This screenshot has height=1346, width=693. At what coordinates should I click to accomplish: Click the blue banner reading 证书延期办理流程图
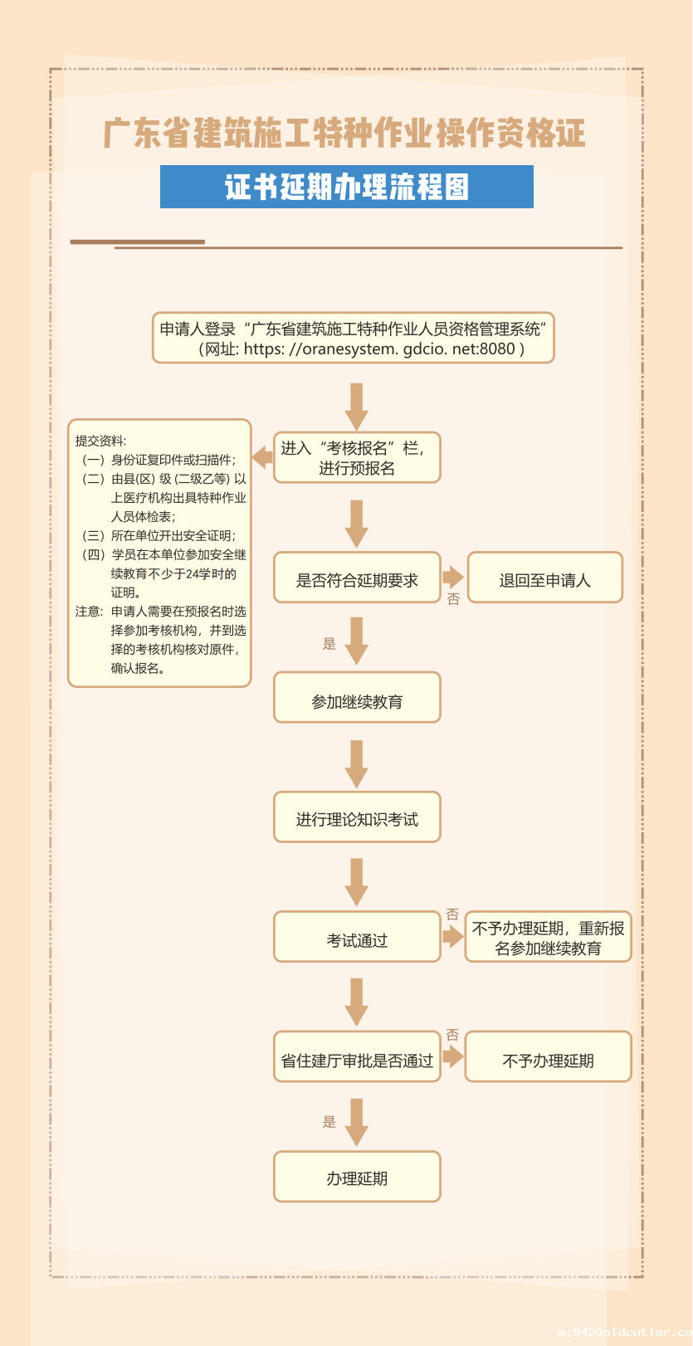(346, 187)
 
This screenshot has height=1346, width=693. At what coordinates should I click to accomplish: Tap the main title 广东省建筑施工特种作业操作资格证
(344, 134)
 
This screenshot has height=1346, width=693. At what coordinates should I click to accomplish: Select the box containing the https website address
(353, 339)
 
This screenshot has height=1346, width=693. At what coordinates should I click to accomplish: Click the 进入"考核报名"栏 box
(357, 458)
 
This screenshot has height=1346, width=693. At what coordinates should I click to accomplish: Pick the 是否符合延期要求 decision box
(357, 578)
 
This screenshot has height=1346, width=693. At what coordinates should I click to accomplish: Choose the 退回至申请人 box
(544, 578)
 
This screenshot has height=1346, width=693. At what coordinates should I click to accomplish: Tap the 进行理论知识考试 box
(357, 818)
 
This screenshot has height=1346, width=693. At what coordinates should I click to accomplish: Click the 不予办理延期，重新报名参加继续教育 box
(548, 938)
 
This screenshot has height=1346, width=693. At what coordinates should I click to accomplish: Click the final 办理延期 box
(357, 1178)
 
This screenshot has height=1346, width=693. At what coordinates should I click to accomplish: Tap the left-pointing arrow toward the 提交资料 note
(262, 456)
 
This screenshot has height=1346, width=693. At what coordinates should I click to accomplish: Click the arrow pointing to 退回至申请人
(453, 577)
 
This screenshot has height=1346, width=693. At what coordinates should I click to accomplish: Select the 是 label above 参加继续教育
(329, 644)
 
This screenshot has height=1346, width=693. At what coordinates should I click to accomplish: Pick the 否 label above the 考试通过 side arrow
(452, 914)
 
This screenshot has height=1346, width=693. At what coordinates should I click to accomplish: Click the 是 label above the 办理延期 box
(329, 1122)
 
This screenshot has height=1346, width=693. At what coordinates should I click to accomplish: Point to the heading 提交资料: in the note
(101, 441)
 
